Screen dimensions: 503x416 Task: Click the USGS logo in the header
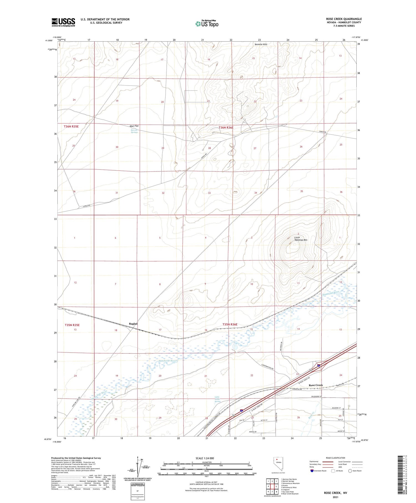tap(63, 22)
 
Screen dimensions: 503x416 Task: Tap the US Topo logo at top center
tap(207, 24)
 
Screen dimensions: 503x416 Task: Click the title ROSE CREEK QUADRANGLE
tap(344, 19)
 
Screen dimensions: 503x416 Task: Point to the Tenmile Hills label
tap(261, 44)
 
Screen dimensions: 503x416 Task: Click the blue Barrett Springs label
tap(134, 131)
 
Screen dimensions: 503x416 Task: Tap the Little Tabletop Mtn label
tap(300, 239)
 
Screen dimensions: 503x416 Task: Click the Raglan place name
tap(133, 324)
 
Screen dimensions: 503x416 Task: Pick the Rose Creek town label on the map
tap(316, 385)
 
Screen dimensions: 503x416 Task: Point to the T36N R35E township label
tap(71, 126)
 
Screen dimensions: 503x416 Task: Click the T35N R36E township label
tap(230, 324)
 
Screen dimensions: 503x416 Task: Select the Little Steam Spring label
tap(217, 399)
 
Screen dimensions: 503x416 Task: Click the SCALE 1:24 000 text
tap(205, 458)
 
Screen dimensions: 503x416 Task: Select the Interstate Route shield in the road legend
tap(312, 471)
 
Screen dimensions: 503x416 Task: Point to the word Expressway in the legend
tap(314, 462)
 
